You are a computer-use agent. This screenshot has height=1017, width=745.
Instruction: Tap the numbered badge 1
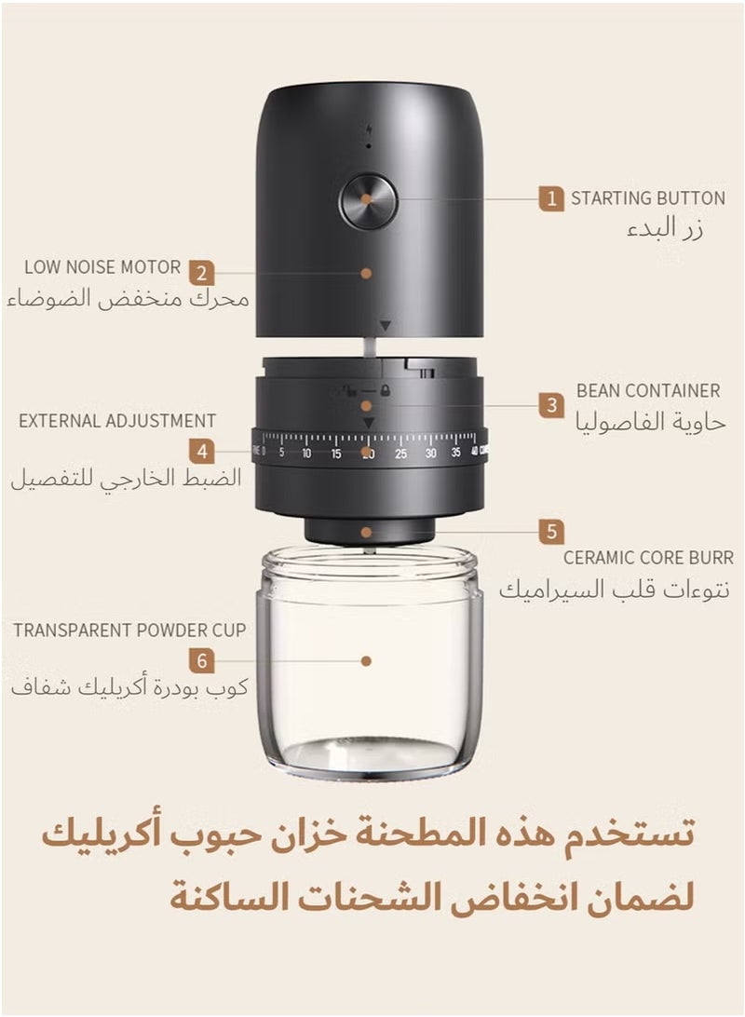[x=551, y=198]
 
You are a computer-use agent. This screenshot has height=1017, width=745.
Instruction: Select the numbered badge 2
[x=202, y=274]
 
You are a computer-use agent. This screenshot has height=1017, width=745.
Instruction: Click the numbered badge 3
[x=551, y=405]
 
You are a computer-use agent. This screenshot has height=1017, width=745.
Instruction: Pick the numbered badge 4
[x=202, y=452]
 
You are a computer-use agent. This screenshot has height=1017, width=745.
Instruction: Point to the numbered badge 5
[x=551, y=532]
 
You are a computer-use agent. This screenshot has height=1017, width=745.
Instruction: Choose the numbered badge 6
[x=202, y=662]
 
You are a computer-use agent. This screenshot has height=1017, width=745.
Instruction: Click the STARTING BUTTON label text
[x=647, y=198]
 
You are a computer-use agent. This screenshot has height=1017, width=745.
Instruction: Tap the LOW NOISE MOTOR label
[x=102, y=267]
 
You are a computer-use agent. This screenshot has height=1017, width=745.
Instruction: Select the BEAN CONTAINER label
[x=648, y=390]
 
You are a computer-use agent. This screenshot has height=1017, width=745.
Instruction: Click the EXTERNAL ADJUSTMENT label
[x=117, y=421]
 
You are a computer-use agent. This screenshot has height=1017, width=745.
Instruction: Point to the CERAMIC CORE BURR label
[x=648, y=558]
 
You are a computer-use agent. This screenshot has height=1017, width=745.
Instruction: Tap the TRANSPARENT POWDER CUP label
[x=129, y=631]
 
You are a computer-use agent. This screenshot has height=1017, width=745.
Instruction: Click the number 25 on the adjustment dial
[x=400, y=454]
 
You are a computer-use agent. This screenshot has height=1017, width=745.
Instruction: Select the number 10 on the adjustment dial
[x=305, y=454]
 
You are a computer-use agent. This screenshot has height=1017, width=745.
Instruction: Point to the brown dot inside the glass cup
[x=366, y=660]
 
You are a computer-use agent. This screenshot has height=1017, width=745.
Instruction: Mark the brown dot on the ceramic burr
[x=367, y=532]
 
